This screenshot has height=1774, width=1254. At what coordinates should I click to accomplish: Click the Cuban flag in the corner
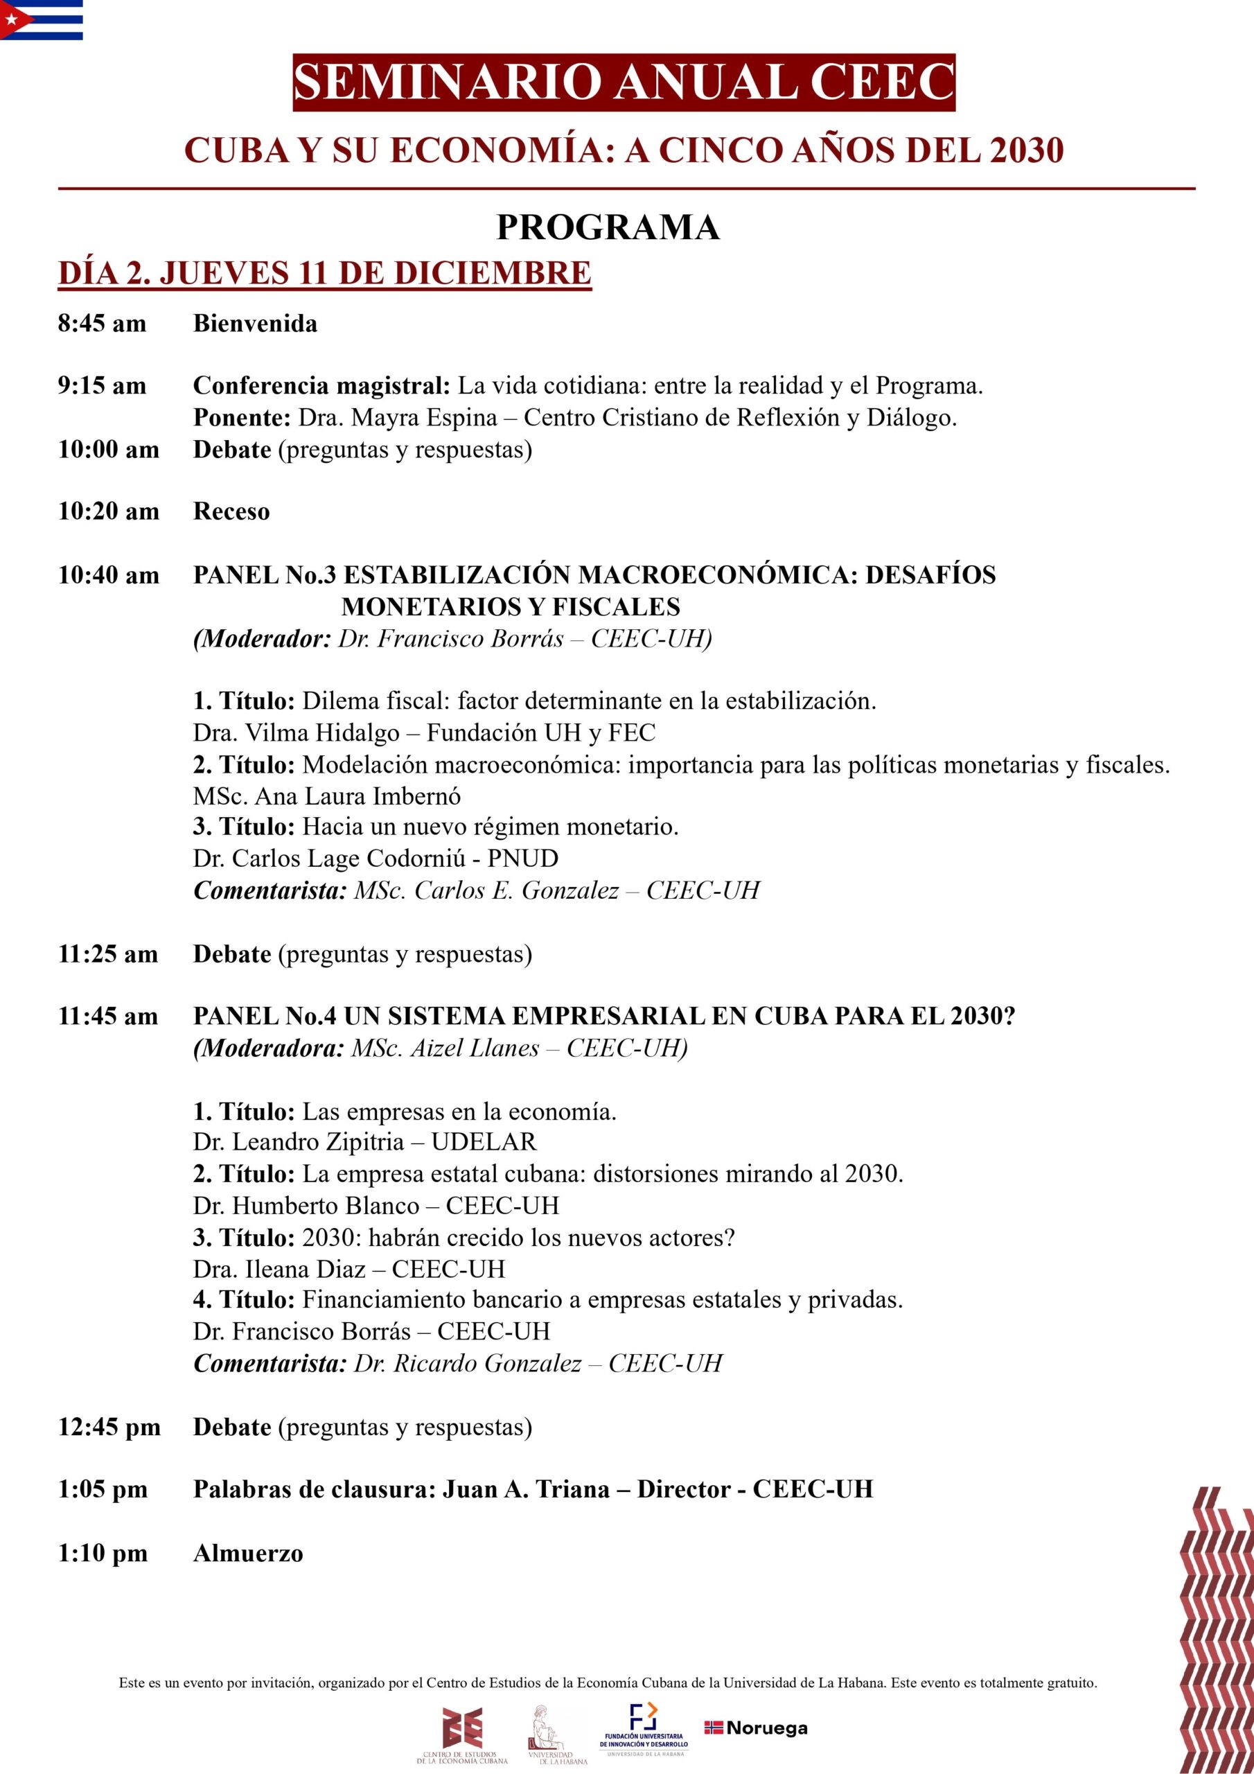(x=41, y=19)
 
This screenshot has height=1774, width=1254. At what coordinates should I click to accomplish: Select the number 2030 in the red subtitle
(x=1026, y=150)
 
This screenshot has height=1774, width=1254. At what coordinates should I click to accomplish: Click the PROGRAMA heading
(x=608, y=227)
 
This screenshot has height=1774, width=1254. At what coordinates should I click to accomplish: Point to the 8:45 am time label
(x=102, y=323)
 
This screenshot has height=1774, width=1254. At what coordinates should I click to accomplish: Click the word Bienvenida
(x=255, y=323)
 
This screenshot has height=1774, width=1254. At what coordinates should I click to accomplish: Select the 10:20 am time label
(x=108, y=511)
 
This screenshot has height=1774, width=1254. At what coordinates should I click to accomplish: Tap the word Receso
(x=231, y=511)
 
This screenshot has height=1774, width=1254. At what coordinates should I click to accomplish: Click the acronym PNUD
(x=522, y=859)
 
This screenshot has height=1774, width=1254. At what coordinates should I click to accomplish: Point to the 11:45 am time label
(x=108, y=1016)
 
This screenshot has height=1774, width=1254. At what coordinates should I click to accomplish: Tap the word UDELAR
(x=484, y=1142)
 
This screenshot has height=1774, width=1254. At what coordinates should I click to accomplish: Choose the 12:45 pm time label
(x=109, y=1427)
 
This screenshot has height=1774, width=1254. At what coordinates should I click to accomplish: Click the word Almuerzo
(x=248, y=1553)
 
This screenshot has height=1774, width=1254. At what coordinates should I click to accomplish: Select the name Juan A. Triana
(x=525, y=1490)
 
